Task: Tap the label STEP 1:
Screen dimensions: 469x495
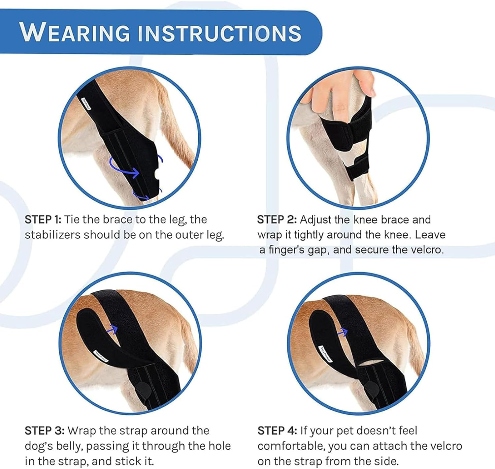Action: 43,220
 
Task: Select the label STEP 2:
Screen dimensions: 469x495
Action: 277,220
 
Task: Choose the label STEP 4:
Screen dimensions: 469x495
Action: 277,430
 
